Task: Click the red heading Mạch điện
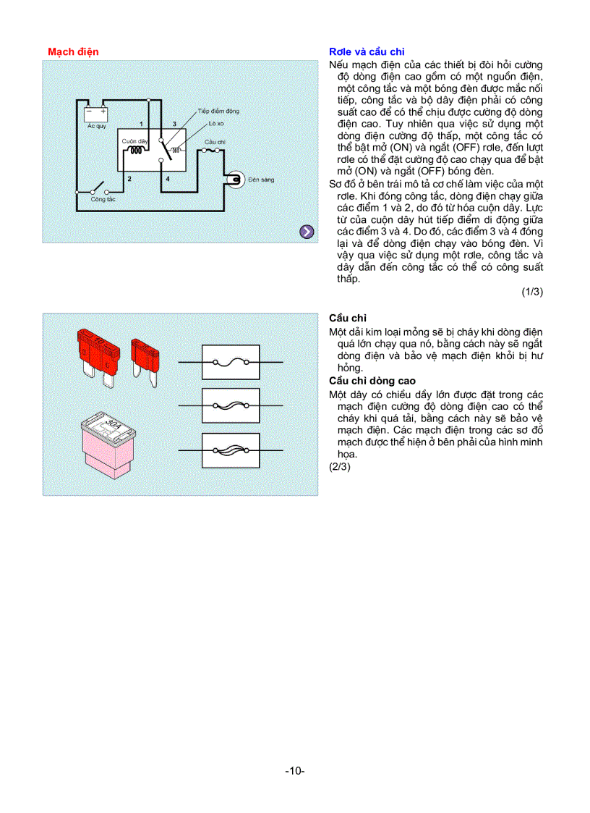[73, 51]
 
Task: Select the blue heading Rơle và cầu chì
[367, 51]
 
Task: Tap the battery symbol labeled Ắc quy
[95, 113]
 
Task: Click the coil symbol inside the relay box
[134, 151]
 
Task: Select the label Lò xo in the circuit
[216, 124]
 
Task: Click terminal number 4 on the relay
[167, 177]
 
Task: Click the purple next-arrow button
[307, 232]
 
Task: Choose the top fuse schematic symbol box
[231, 362]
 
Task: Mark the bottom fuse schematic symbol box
[231, 450]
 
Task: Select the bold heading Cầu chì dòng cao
[372, 381]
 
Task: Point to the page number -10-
[295, 771]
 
